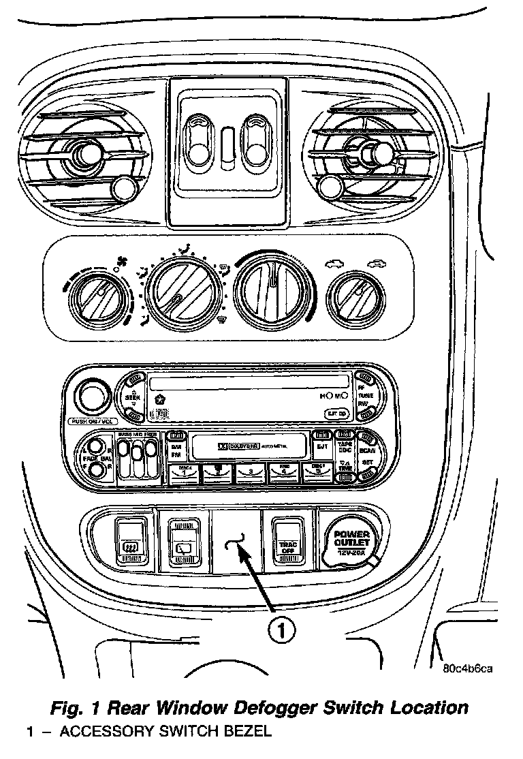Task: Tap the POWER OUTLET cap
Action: (x=351, y=542)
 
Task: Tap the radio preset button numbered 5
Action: (x=316, y=472)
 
